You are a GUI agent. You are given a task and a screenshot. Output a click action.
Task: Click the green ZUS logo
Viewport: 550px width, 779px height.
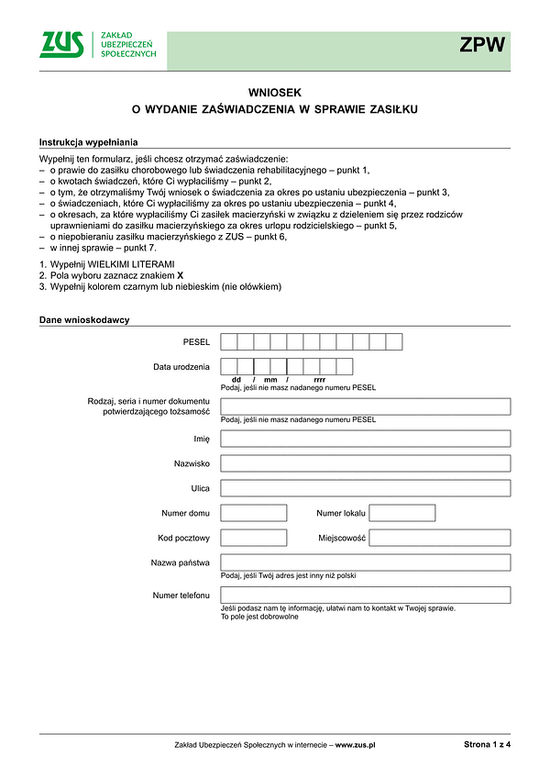pos(61,44)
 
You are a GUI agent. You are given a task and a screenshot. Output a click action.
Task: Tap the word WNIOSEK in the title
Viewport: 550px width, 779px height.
pos(274,93)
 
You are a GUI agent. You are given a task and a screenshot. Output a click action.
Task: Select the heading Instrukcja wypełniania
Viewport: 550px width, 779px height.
pos(88,142)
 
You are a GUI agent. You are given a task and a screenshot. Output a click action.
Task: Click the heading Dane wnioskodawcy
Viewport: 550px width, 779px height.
pos(84,319)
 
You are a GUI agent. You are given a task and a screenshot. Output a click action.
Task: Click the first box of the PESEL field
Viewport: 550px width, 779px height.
pos(229,342)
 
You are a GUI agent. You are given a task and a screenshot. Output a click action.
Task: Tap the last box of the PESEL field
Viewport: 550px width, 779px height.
pos(394,342)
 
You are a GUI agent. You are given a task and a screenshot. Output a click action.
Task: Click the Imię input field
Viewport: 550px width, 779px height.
pos(366,439)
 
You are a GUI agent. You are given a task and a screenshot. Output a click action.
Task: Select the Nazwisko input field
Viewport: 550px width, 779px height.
pos(366,463)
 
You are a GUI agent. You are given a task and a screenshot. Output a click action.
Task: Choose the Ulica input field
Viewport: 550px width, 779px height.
pos(366,488)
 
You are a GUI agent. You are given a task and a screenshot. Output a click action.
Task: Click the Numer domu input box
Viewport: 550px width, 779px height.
pos(254,513)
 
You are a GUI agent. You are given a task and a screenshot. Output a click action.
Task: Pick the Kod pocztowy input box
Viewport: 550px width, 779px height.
pos(254,538)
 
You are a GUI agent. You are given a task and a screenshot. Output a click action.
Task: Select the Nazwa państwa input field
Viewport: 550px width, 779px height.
pos(366,562)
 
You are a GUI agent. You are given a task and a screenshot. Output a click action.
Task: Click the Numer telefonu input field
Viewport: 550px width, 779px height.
pos(366,595)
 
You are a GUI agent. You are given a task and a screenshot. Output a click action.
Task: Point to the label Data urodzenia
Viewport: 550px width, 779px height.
pos(181,367)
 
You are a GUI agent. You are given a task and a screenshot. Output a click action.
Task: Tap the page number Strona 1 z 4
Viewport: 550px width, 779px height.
pos(487,745)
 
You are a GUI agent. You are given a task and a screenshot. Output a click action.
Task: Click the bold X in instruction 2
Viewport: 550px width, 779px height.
pos(180,275)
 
